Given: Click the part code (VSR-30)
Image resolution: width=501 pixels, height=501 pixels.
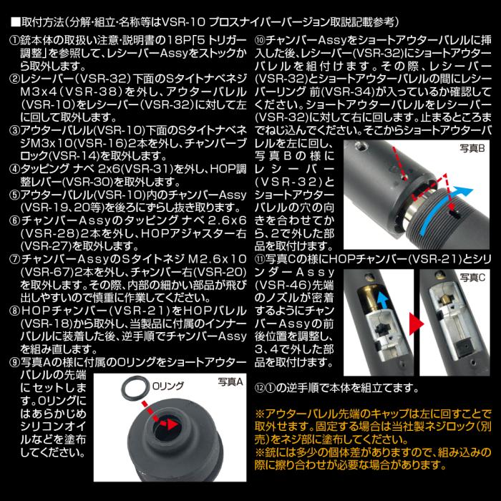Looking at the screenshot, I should click(94, 182).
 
